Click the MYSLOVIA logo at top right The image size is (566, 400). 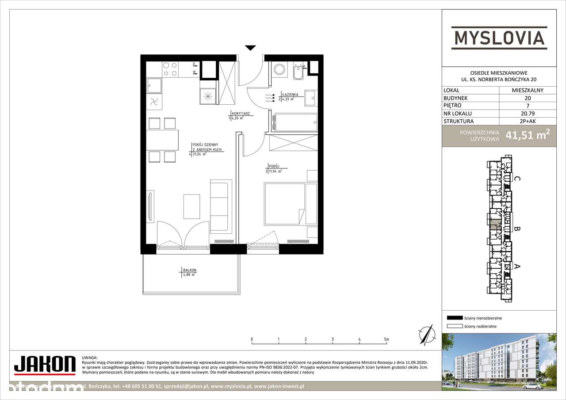point(499,37)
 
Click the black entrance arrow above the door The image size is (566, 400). point(251,48)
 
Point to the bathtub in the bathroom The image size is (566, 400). point(295,122)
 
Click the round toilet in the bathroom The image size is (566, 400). point(279,69)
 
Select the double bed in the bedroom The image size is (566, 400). point(284,204)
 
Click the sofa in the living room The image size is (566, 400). point(221,206)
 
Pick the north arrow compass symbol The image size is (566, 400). point(426,335)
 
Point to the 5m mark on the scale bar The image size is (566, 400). point(387,339)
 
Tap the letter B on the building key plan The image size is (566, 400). point(516,229)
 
